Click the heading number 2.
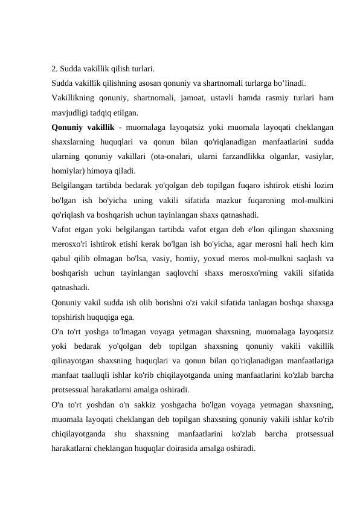click(54, 68)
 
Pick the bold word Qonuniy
click(67, 127)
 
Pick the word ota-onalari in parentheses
click(171, 156)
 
